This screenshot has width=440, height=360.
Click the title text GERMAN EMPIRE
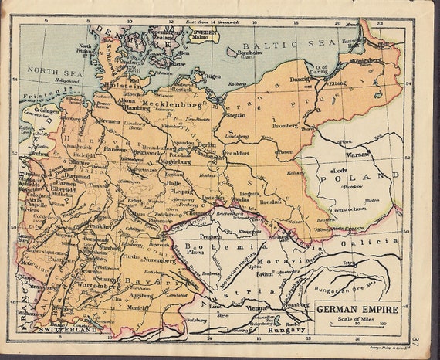[357, 310]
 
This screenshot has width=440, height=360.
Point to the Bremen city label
[108, 121]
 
